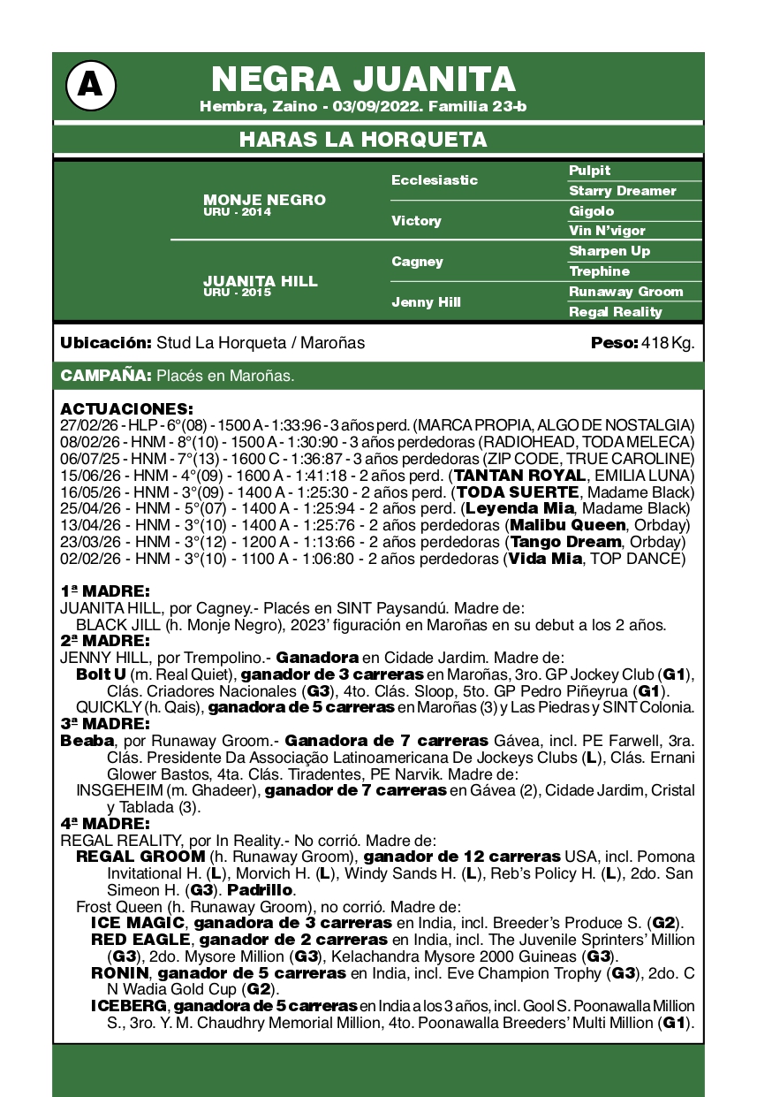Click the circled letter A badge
point(90,85)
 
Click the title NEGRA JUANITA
point(363,80)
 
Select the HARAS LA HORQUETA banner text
point(363,140)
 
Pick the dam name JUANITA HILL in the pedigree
point(261,281)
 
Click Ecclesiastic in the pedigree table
point(435,179)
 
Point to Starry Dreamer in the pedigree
point(623,191)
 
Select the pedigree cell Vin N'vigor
point(607,231)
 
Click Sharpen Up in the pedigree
point(609,251)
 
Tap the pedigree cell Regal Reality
point(615,311)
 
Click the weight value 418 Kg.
point(669,343)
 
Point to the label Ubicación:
point(105,343)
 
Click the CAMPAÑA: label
point(106,376)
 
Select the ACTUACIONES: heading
point(126,409)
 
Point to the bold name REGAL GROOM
point(140,857)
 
